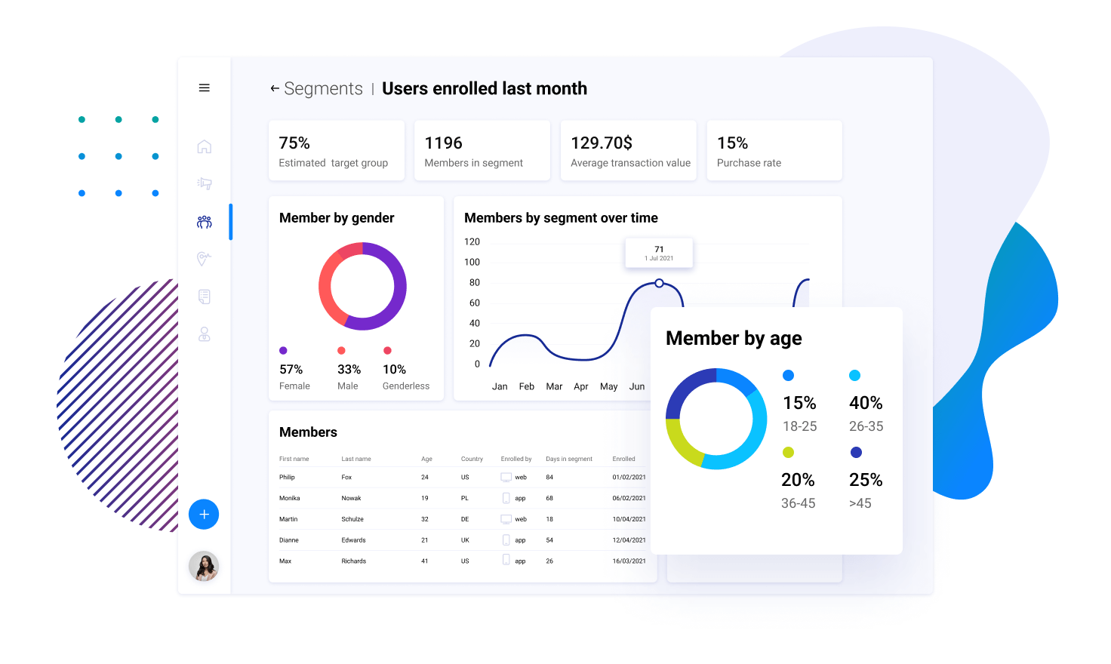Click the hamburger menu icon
(204, 88)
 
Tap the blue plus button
(204, 515)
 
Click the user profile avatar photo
(204, 566)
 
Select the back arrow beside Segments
(275, 89)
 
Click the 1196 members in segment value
(444, 143)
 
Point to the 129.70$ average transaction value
(602, 143)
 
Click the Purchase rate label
(749, 163)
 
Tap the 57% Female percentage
(291, 370)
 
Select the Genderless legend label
(406, 386)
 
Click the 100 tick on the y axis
(472, 263)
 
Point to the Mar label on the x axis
(554, 386)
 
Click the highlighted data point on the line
(659, 283)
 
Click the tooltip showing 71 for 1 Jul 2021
(659, 253)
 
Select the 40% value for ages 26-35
(866, 403)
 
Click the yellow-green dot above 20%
(788, 453)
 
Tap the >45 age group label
(860, 503)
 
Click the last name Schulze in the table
(352, 519)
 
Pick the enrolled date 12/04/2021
(629, 540)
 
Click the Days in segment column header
(569, 459)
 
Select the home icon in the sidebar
(204, 146)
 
